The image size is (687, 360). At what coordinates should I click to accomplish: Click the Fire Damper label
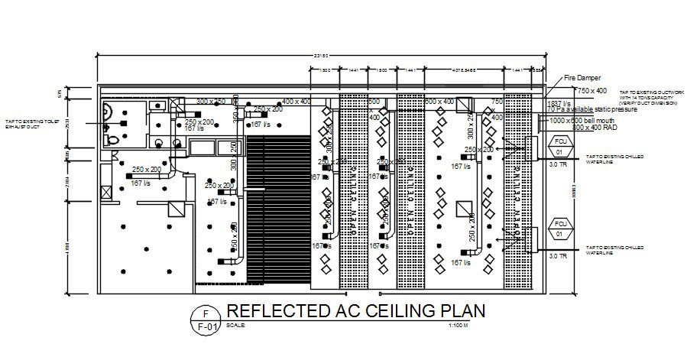click(582, 78)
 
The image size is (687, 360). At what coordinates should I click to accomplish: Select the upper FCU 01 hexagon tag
click(559, 145)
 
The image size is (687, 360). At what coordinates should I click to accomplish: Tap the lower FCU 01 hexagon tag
click(559, 228)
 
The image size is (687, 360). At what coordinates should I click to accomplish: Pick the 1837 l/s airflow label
click(559, 103)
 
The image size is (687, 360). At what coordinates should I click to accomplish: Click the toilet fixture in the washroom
click(114, 138)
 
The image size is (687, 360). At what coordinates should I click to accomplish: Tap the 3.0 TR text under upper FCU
click(558, 164)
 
